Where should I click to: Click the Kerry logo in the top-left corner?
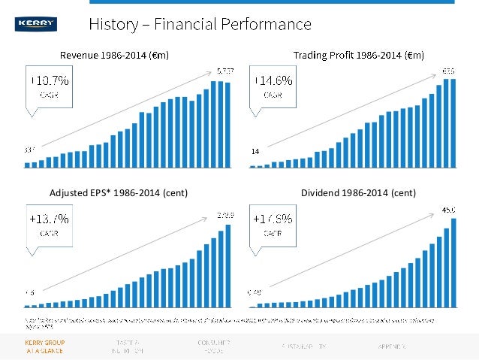pos(35,25)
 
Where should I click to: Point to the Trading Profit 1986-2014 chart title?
pos(359,55)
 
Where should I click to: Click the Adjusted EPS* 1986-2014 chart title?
pos(118,193)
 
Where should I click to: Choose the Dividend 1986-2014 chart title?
pos(358,193)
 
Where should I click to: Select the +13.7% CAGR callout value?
pos(50,219)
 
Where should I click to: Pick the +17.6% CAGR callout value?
pos(273,219)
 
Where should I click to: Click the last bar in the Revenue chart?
pos(227,125)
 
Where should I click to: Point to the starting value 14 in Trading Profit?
pos(255,152)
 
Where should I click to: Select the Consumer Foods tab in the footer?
pos(213,346)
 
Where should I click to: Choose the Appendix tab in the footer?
pos(390,346)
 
